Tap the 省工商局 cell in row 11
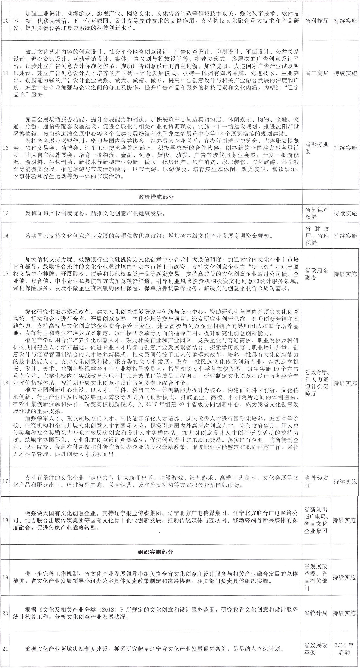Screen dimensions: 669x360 tap(317, 73)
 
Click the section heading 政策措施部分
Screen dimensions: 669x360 tap(156, 197)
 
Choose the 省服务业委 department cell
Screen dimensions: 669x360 tap(317, 148)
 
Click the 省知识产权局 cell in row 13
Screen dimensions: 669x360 tap(317, 213)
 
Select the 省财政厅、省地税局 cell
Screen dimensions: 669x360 tap(317, 235)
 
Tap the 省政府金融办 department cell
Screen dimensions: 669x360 tap(317, 274)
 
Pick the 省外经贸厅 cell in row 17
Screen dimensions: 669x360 tap(317, 481)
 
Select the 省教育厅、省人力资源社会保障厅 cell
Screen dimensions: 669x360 tap(317, 383)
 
